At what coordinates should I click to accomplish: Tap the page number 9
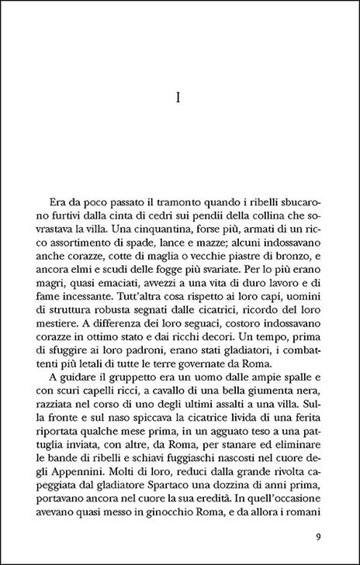[x=320, y=536]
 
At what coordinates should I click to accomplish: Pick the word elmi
[x=94, y=266]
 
